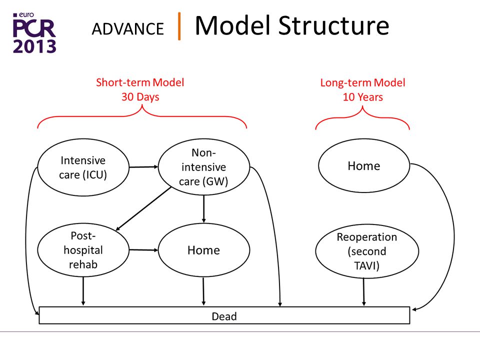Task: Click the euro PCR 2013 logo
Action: tap(34, 33)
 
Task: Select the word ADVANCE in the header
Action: tap(128, 29)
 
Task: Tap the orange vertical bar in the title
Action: tap(179, 26)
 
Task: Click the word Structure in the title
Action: tap(333, 25)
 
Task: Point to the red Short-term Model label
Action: tap(140, 82)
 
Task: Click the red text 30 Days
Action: tap(140, 96)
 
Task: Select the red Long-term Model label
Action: tap(363, 82)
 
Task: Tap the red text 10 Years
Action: tap(363, 97)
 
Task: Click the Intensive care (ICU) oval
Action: tap(83, 167)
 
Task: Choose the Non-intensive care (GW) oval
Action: tap(204, 167)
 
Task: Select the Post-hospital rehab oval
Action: tap(83, 250)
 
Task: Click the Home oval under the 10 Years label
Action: tap(364, 165)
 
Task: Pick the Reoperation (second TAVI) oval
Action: tap(367, 251)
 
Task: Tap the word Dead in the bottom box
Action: tap(224, 316)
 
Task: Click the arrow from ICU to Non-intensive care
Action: tap(143, 167)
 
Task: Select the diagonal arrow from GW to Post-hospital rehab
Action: tap(143, 208)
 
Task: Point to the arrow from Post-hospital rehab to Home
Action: tap(143, 250)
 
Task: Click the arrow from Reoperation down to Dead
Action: tap(363, 291)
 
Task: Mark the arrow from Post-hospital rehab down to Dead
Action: tap(83, 291)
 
